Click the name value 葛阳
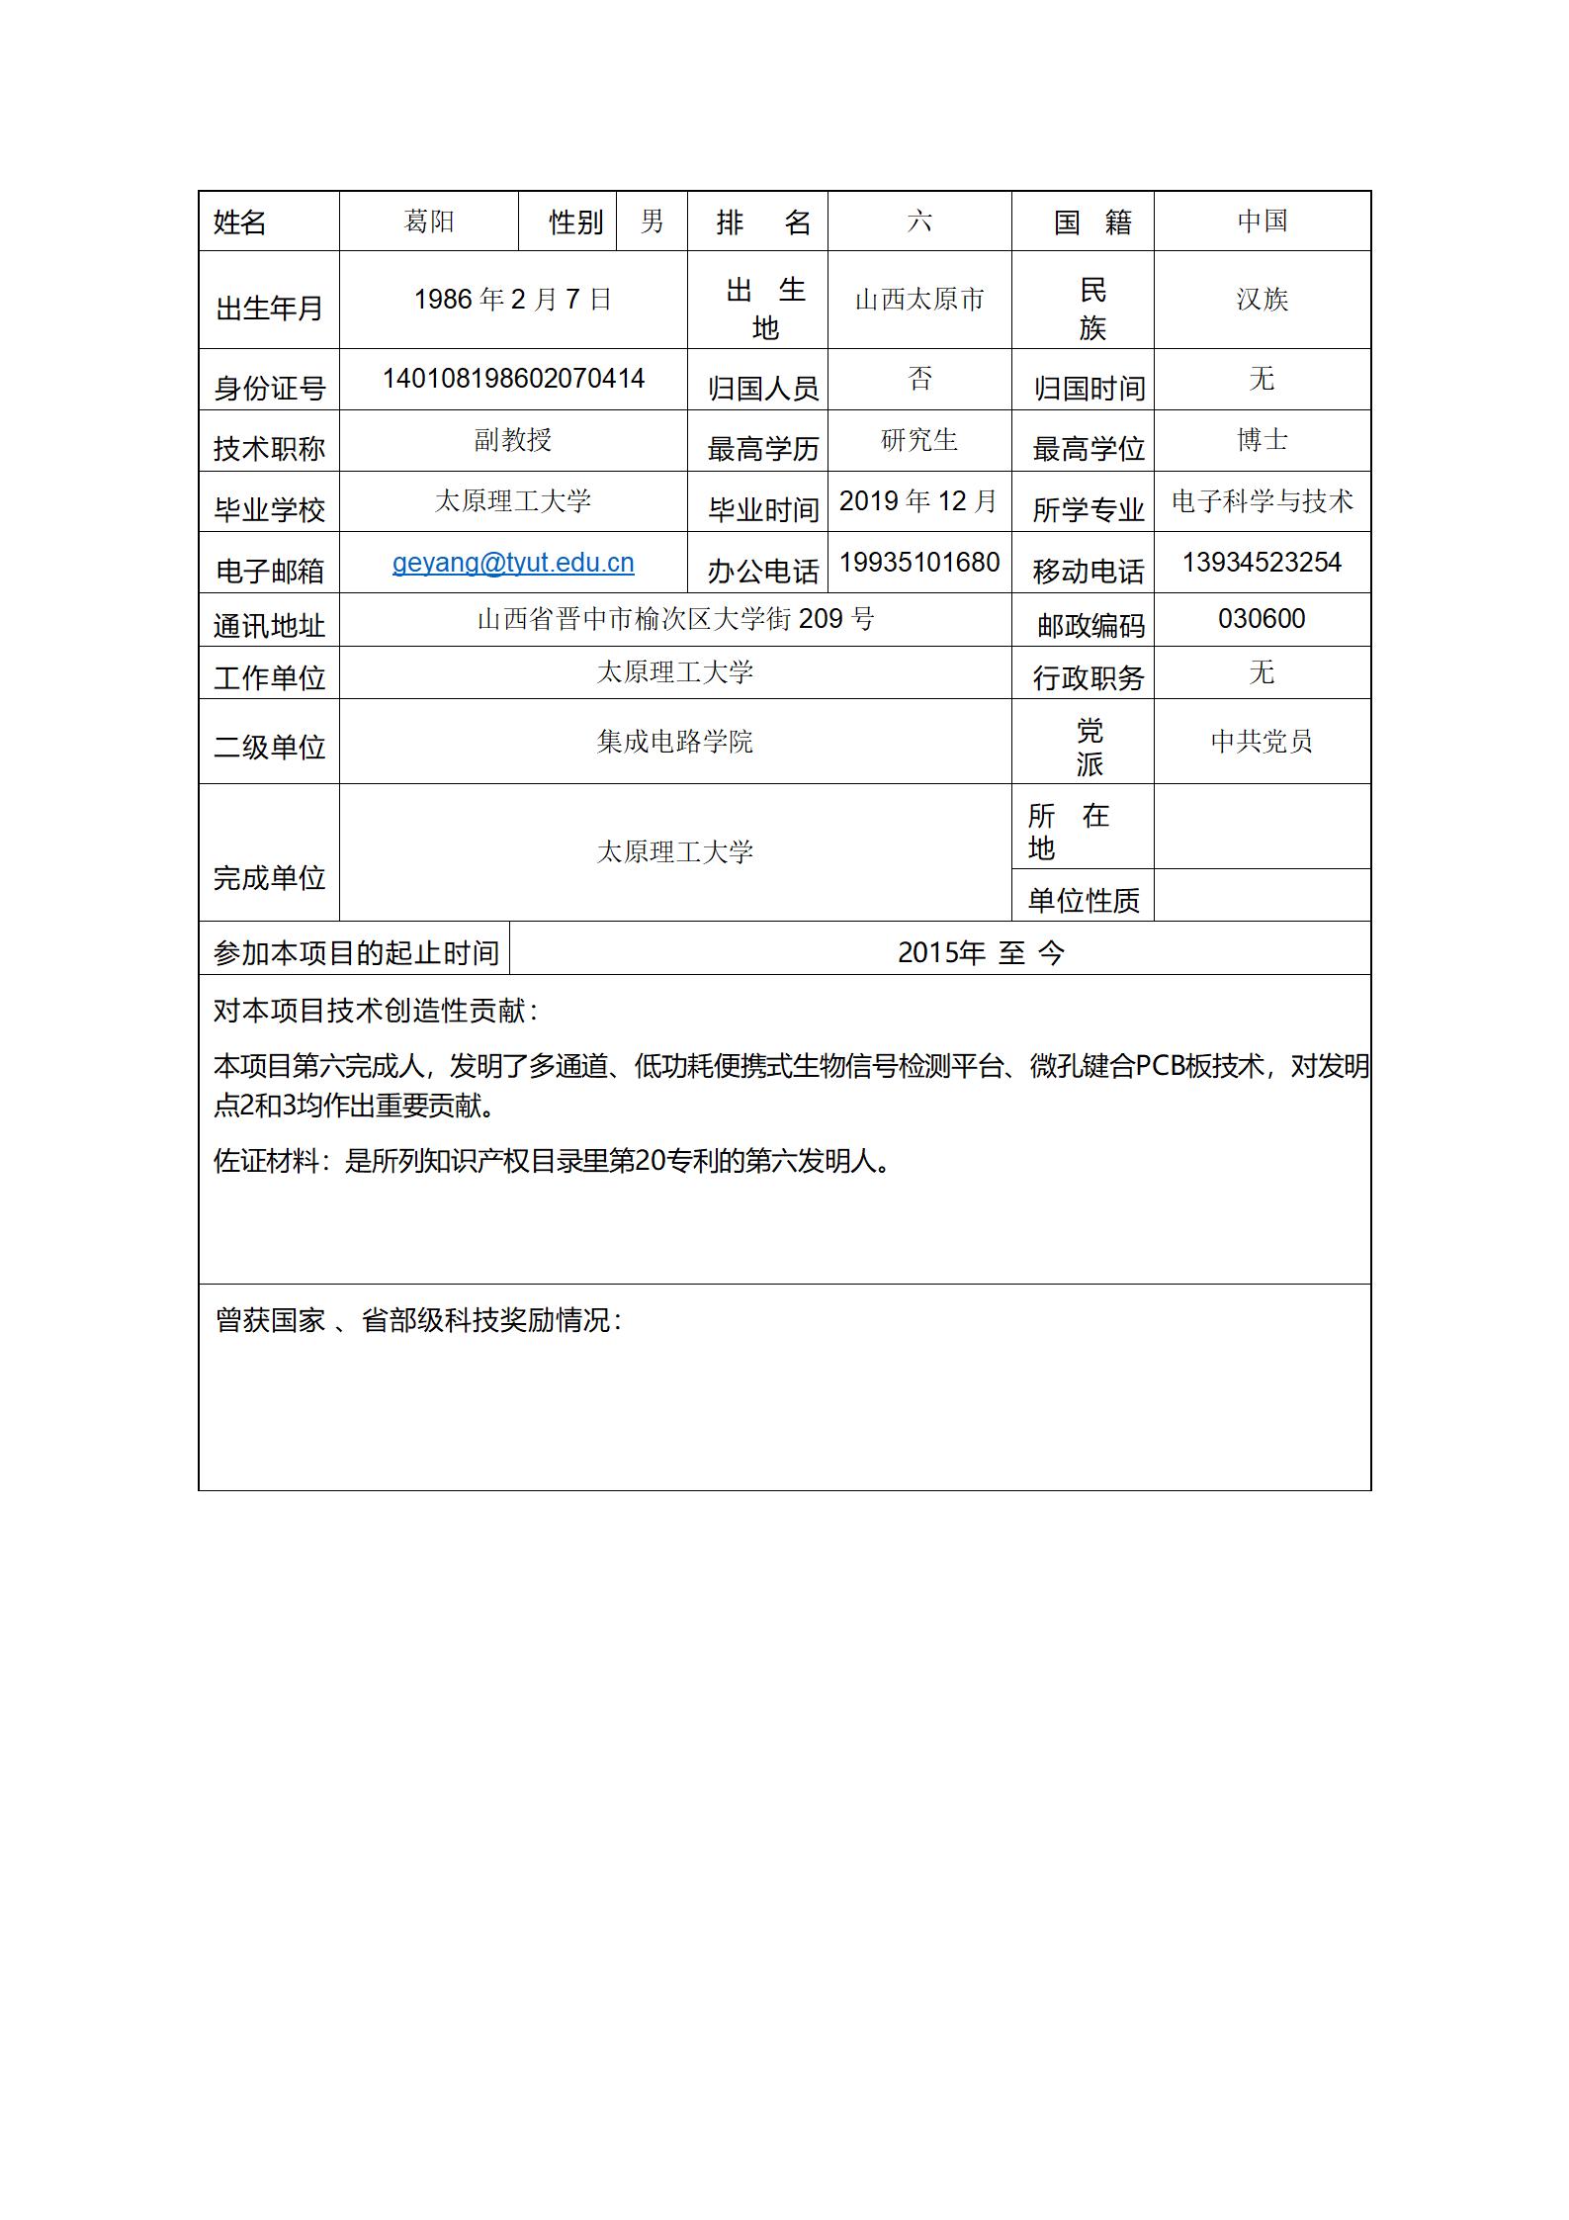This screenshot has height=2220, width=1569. pyautogui.click(x=429, y=221)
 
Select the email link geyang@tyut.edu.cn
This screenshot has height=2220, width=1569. pyautogui.click(x=513, y=563)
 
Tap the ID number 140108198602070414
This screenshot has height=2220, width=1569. pyautogui.click(x=513, y=379)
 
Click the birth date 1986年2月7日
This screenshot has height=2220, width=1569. pyautogui.click(x=513, y=299)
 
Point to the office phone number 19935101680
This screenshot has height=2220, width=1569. pyautogui.click(x=919, y=563)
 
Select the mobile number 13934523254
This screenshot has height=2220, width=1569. pyautogui.click(x=1262, y=563)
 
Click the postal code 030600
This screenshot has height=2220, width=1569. pyautogui.click(x=1262, y=619)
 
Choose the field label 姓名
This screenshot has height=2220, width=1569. pyautogui.click(x=240, y=222)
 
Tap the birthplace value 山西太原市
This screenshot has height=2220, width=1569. pyautogui.click(x=919, y=299)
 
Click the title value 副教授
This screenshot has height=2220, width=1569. pyautogui.click(x=513, y=440)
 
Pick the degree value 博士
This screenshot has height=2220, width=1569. pyautogui.click(x=1262, y=440)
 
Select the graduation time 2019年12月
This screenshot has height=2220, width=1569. pyautogui.click(x=919, y=501)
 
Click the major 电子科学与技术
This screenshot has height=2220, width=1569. pyautogui.click(x=1262, y=501)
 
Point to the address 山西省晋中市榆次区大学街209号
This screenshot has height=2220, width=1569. pyautogui.click(x=675, y=619)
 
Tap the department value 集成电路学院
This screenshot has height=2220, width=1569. pyautogui.click(x=675, y=741)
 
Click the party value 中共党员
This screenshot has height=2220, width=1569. pyautogui.click(x=1262, y=741)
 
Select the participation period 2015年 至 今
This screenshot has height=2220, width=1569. pyautogui.click(x=981, y=952)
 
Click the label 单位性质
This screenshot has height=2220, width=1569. pyautogui.click(x=1084, y=900)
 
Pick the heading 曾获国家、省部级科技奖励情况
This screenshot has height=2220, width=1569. pyautogui.click(x=418, y=1320)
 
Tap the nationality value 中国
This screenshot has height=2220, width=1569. pyautogui.click(x=1262, y=221)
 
